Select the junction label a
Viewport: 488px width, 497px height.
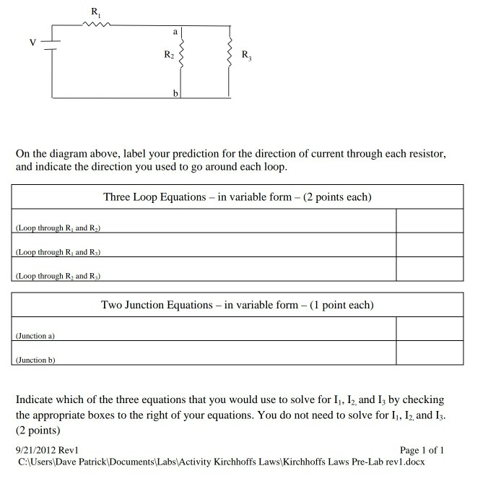pyautogui.click(x=175, y=32)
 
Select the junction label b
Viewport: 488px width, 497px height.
pyautogui.click(x=175, y=94)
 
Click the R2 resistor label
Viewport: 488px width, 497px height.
pyautogui.click(x=169, y=55)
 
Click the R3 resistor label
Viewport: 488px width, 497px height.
pyautogui.click(x=246, y=55)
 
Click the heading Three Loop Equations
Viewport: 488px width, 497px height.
pyautogui.click(x=237, y=197)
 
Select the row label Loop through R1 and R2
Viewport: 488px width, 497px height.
pyautogui.click(x=58, y=228)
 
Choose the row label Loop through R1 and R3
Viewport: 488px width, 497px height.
pyautogui.click(x=58, y=252)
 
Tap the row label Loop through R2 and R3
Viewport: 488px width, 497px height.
pyautogui.click(x=58, y=276)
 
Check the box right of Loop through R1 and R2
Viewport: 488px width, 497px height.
pyautogui.click(x=430, y=221)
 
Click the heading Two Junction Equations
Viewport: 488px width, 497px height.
pyautogui.click(x=237, y=305)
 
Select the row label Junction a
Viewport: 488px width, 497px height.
pyautogui.click(x=36, y=336)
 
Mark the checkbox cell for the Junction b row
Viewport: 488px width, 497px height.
pyautogui.click(x=430, y=353)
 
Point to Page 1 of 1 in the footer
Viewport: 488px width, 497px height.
pyautogui.click(x=422, y=450)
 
